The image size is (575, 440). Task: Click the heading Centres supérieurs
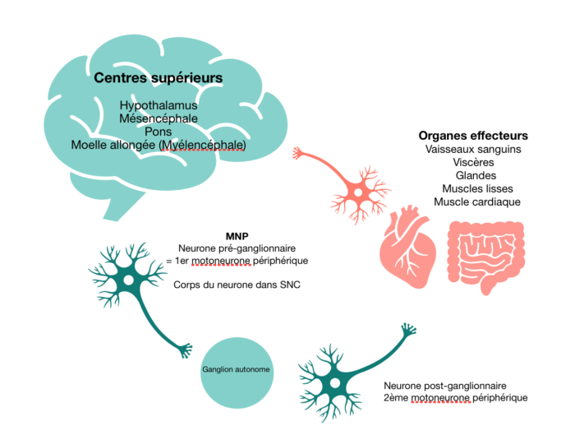click(x=158, y=78)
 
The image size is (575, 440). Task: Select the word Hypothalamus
click(x=159, y=105)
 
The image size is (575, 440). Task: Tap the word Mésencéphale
click(x=159, y=118)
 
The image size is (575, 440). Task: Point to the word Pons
click(x=158, y=132)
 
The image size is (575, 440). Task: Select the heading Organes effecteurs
click(x=473, y=136)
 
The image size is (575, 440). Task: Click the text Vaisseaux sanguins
click(x=473, y=149)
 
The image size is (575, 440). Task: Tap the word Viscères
click(x=473, y=162)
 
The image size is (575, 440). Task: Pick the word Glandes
click(x=476, y=175)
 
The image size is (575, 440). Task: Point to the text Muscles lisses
click(x=477, y=189)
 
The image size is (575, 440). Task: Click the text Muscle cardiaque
click(x=477, y=202)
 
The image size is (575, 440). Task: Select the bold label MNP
click(x=237, y=236)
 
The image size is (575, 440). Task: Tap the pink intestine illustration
click(x=486, y=257)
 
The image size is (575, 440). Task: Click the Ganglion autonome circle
click(x=237, y=373)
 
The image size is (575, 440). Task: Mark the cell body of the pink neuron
click(x=358, y=192)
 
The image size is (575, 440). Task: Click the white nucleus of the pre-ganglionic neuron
click(x=128, y=280)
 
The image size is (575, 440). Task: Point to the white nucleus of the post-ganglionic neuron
click(x=334, y=383)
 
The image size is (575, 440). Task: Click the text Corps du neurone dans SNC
click(x=237, y=285)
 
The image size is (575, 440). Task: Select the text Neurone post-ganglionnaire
click(x=445, y=386)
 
